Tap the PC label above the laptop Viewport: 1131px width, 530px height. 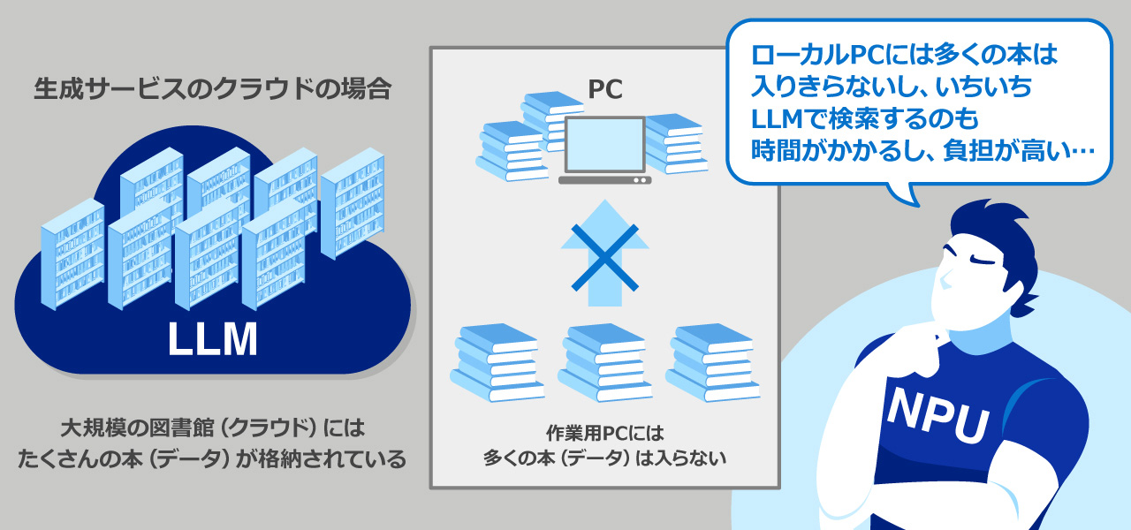pos(605,89)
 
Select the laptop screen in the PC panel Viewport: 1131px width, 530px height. pos(604,144)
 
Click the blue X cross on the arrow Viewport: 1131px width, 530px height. pos(604,257)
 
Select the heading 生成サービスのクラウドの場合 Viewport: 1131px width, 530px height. pos(212,89)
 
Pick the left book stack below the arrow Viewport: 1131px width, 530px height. pos(496,362)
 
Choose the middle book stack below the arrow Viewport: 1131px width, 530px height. pos(604,362)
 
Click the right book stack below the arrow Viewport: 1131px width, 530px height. pos(712,362)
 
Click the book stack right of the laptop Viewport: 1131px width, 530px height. pos(675,141)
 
